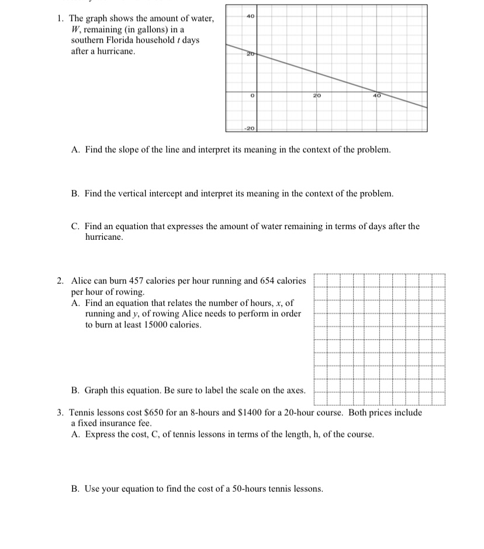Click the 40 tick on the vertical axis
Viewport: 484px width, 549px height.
[x=250, y=16]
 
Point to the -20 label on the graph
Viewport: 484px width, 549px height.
[x=249, y=127]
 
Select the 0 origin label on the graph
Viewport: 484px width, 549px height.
[x=250, y=95]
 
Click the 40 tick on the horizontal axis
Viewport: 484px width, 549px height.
[x=377, y=95]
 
